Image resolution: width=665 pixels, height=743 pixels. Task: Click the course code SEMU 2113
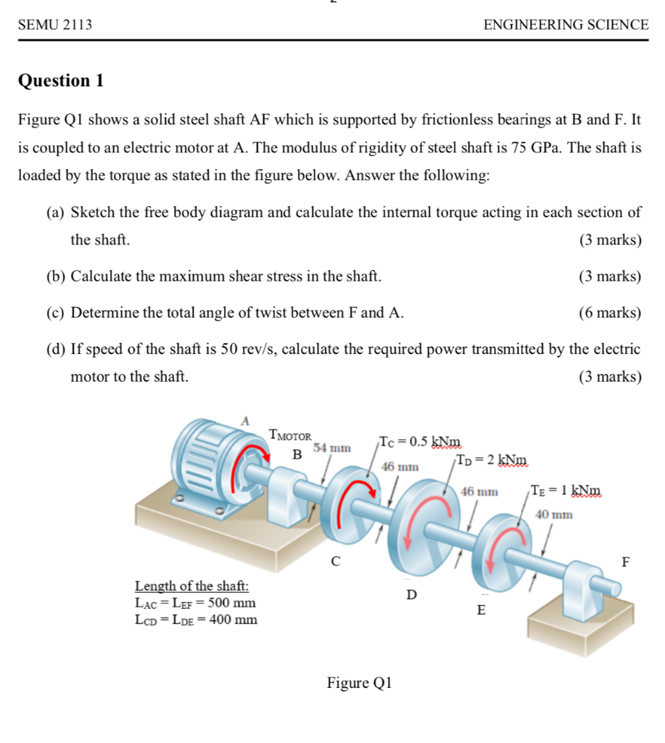[x=55, y=25]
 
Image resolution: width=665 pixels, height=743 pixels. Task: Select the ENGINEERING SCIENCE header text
[x=566, y=25]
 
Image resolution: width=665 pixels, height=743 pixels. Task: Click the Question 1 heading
[x=61, y=81]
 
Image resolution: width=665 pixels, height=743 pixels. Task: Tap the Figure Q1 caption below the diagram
[x=360, y=683]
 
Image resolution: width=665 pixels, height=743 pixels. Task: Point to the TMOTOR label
[x=290, y=436]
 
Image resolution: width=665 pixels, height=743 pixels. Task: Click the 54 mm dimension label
[x=332, y=448]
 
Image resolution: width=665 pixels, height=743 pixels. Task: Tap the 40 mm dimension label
[x=554, y=514]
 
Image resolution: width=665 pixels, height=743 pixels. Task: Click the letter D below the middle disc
[x=411, y=595]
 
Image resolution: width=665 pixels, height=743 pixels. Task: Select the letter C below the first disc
[x=334, y=561]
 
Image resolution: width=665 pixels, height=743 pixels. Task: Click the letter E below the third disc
[x=480, y=610]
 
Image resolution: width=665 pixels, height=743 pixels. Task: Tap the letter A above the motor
[x=245, y=420]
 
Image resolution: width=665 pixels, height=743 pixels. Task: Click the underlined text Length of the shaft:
[x=192, y=586]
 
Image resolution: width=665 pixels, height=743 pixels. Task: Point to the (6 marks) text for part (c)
[x=610, y=313]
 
